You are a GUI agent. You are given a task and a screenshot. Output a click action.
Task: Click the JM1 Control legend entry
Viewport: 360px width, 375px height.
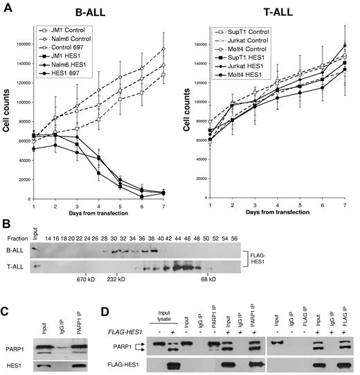66,32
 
